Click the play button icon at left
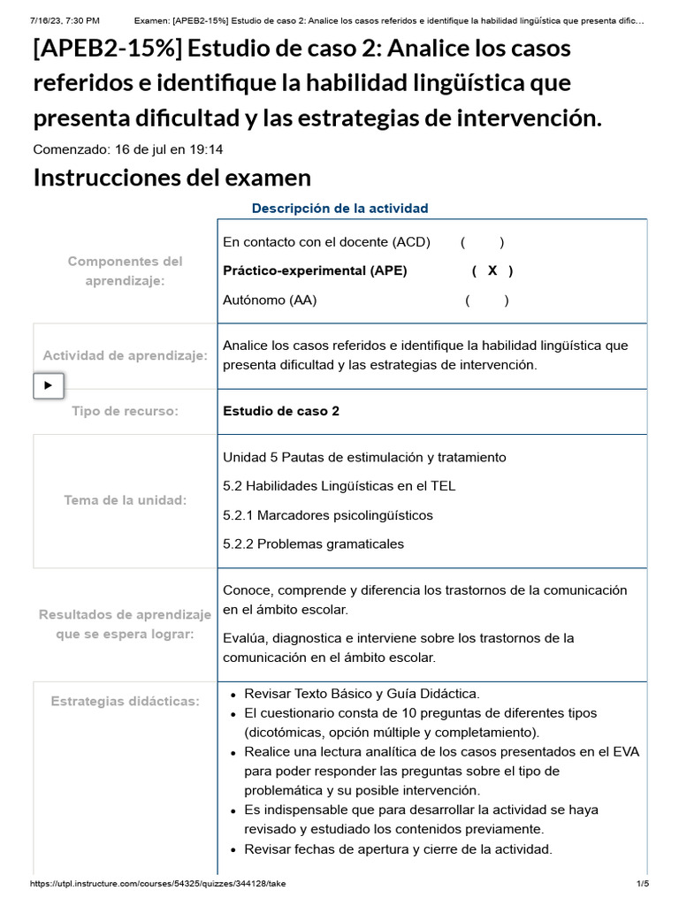pos(49,385)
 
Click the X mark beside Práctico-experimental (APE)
pos(492,271)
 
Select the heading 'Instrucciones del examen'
pos(172,178)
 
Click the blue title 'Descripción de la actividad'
pos(339,209)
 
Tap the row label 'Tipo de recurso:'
pos(125,411)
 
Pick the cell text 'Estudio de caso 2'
pos(281,411)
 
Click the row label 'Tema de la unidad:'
pos(125,500)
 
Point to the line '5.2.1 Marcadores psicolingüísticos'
pos(327,515)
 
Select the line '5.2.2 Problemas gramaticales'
pos(313,544)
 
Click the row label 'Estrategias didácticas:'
pos(125,702)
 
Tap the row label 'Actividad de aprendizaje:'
pos(125,355)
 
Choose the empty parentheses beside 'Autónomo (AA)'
pos(487,300)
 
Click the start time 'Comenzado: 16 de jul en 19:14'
pos(128,149)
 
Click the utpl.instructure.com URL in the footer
pos(157,884)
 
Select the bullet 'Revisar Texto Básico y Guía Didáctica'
pos(362,694)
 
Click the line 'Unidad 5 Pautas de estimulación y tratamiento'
pos(364,458)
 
